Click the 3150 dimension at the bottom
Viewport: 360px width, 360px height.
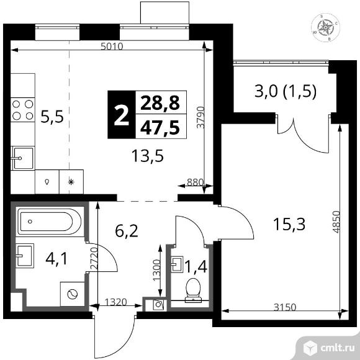(x=287, y=306)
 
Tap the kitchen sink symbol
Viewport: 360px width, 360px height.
(x=23, y=158)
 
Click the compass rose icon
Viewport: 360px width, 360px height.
(x=325, y=26)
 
